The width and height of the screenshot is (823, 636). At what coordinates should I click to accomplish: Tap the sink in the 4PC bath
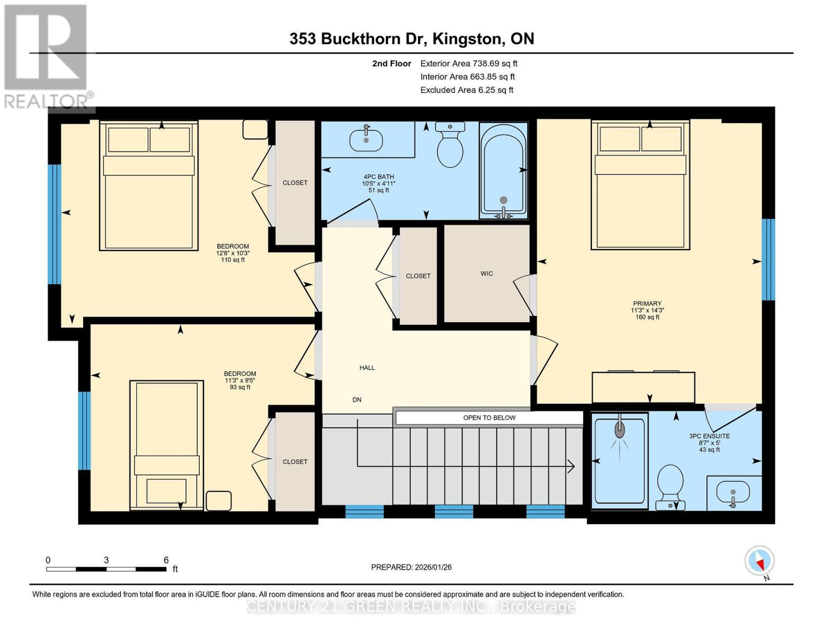coord(366,139)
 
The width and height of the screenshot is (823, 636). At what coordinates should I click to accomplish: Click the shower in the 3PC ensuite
coord(620,460)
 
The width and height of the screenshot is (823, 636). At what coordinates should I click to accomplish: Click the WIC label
coord(486,273)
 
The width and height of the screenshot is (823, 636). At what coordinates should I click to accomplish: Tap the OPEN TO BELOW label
coord(489,418)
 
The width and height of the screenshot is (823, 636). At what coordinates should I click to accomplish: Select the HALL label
coord(367,368)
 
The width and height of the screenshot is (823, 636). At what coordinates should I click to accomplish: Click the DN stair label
coord(357,400)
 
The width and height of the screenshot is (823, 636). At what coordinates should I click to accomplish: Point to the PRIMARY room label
coord(647,304)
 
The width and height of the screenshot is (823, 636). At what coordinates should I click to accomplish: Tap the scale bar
coord(106,569)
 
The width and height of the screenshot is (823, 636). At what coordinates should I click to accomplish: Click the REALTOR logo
coord(46,56)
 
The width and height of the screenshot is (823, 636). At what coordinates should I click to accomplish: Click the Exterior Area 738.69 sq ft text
coord(468,64)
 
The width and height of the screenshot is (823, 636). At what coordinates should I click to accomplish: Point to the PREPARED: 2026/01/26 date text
coord(411,567)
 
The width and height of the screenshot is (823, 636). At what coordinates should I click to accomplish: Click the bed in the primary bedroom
coord(641,185)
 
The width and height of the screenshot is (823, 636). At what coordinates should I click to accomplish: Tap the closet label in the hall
coord(418,276)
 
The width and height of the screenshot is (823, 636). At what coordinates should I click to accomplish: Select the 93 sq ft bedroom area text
coord(240,387)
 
